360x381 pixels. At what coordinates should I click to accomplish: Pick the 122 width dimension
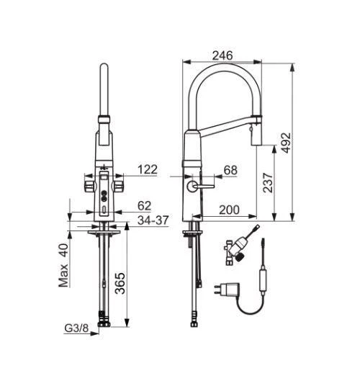[x=147, y=170]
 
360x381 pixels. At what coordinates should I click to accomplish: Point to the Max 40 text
[x=64, y=266]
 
